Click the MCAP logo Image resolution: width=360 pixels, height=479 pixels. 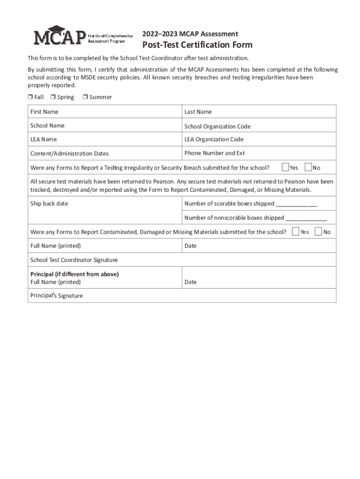(83, 36)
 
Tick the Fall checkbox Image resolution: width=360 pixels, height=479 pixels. (29, 97)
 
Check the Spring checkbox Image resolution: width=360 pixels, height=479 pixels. (53, 97)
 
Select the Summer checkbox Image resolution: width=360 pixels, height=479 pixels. (85, 97)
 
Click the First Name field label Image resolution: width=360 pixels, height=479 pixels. (44, 112)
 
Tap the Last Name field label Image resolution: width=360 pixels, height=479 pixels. (198, 112)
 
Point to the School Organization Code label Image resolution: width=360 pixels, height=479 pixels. (217, 126)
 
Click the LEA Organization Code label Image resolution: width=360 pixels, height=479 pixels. (214, 139)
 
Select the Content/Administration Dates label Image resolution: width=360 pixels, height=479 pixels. (69, 153)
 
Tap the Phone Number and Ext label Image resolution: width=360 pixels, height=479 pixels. (215, 153)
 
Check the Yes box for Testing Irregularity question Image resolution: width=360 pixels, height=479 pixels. (285, 167)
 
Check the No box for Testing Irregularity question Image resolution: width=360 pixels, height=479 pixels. (308, 167)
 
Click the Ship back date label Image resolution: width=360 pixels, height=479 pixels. (49, 203)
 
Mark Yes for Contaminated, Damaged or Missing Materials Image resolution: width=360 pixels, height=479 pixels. (295, 231)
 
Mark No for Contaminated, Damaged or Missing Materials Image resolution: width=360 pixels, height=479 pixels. (318, 231)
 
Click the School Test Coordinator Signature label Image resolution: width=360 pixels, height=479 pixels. (74, 260)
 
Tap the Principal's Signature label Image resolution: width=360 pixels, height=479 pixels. (57, 296)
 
